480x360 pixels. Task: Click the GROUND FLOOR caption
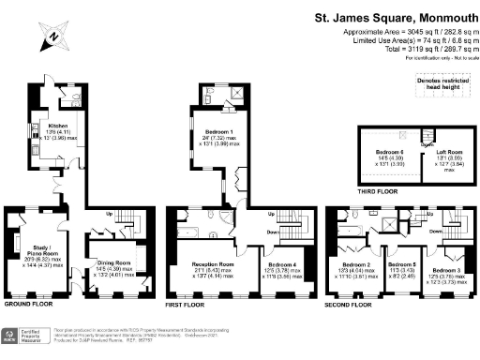click(x=27, y=305)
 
